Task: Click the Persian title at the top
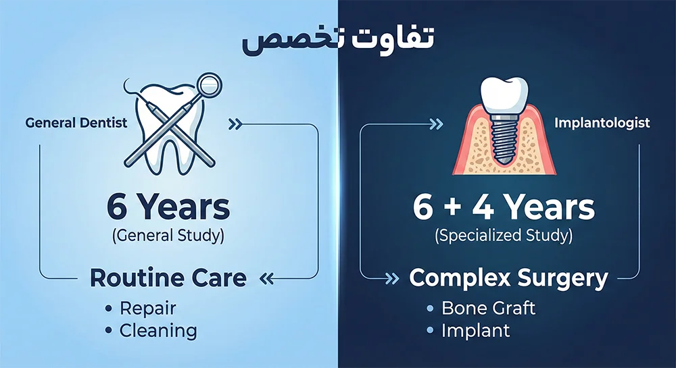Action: (x=337, y=40)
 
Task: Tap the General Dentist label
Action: (x=76, y=124)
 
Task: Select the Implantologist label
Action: (x=602, y=123)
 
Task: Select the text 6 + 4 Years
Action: (x=504, y=207)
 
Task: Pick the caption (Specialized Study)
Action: (x=504, y=237)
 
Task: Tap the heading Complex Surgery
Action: (x=509, y=277)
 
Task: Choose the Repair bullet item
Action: (x=147, y=309)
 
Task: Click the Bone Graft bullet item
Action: (x=488, y=309)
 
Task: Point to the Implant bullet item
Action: (x=475, y=331)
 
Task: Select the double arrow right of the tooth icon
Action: (x=236, y=124)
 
